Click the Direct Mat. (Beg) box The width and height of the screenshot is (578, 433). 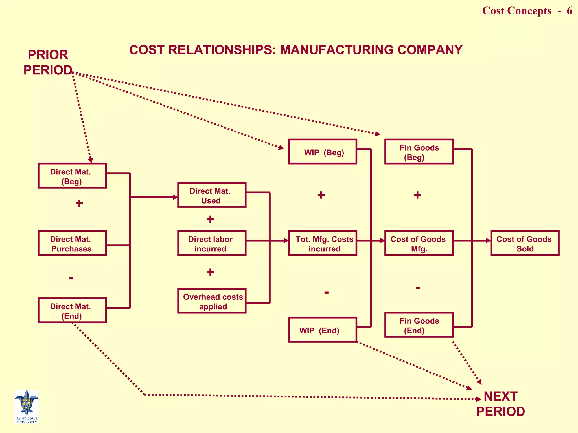tap(72, 176)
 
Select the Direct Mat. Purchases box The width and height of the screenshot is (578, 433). tap(72, 243)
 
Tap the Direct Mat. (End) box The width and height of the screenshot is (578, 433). tap(72, 310)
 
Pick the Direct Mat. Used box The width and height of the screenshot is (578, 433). tap(212, 195)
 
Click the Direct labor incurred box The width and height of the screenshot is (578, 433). tap(212, 243)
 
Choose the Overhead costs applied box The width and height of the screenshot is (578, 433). tap(212, 301)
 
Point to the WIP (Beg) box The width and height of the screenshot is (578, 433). tap(323, 152)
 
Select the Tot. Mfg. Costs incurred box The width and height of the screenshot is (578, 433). tap(323, 243)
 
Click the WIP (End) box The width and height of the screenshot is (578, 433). tap(323, 330)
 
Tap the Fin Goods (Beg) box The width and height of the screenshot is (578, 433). tap(419, 152)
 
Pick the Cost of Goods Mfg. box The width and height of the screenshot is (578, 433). tap(419, 243)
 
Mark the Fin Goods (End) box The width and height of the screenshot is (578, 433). tap(419, 325)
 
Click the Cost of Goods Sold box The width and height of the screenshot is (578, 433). tap(525, 243)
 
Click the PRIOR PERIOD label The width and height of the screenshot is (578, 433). tap(48, 63)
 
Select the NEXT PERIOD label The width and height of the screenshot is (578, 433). tap(500, 404)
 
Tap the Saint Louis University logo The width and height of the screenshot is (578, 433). tap(27, 406)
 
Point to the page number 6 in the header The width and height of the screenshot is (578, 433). tap(569, 11)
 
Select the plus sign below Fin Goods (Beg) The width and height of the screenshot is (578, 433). tap(417, 195)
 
